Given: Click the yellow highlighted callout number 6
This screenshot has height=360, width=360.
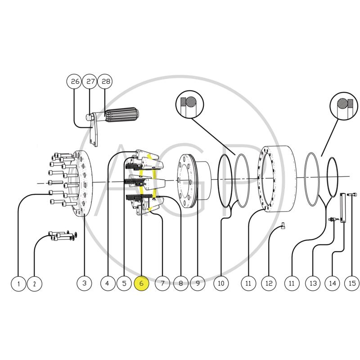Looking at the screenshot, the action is click(x=141, y=283).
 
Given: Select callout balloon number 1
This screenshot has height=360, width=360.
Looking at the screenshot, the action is click(x=18, y=284).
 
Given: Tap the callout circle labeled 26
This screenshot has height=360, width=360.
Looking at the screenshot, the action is click(x=74, y=81).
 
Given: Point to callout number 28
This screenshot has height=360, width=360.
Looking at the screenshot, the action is click(x=105, y=81).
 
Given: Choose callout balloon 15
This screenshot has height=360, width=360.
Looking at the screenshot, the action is click(x=352, y=283).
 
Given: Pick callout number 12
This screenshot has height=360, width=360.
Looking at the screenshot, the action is click(x=269, y=283).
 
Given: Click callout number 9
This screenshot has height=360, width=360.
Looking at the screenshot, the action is click(x=198, y=283).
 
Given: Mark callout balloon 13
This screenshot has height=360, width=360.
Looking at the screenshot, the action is click(x=313, y=283).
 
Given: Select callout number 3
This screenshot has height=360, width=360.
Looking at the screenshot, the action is click(x=84, y=283).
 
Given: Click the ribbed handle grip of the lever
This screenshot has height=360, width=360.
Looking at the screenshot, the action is click(x=121, y=115).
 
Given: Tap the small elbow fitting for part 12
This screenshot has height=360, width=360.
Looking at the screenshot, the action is click(x=283, y=225).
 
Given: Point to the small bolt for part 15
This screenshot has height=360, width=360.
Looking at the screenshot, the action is click(x=352, y=195).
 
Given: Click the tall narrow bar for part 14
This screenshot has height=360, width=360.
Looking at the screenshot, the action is click(x=343, y=208).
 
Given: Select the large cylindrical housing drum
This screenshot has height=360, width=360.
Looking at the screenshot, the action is click(x=277, y=179).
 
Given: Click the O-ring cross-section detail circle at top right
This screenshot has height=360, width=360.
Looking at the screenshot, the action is click(x=344, y=106).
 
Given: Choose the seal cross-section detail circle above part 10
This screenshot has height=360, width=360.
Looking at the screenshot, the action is click(x=189, y=104).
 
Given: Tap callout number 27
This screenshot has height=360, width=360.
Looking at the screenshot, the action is click(x=90, y=81).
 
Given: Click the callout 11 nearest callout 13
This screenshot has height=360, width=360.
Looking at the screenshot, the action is click(x=291, y=283).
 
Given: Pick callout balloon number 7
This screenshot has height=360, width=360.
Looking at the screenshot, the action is click(x=162, y=283).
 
